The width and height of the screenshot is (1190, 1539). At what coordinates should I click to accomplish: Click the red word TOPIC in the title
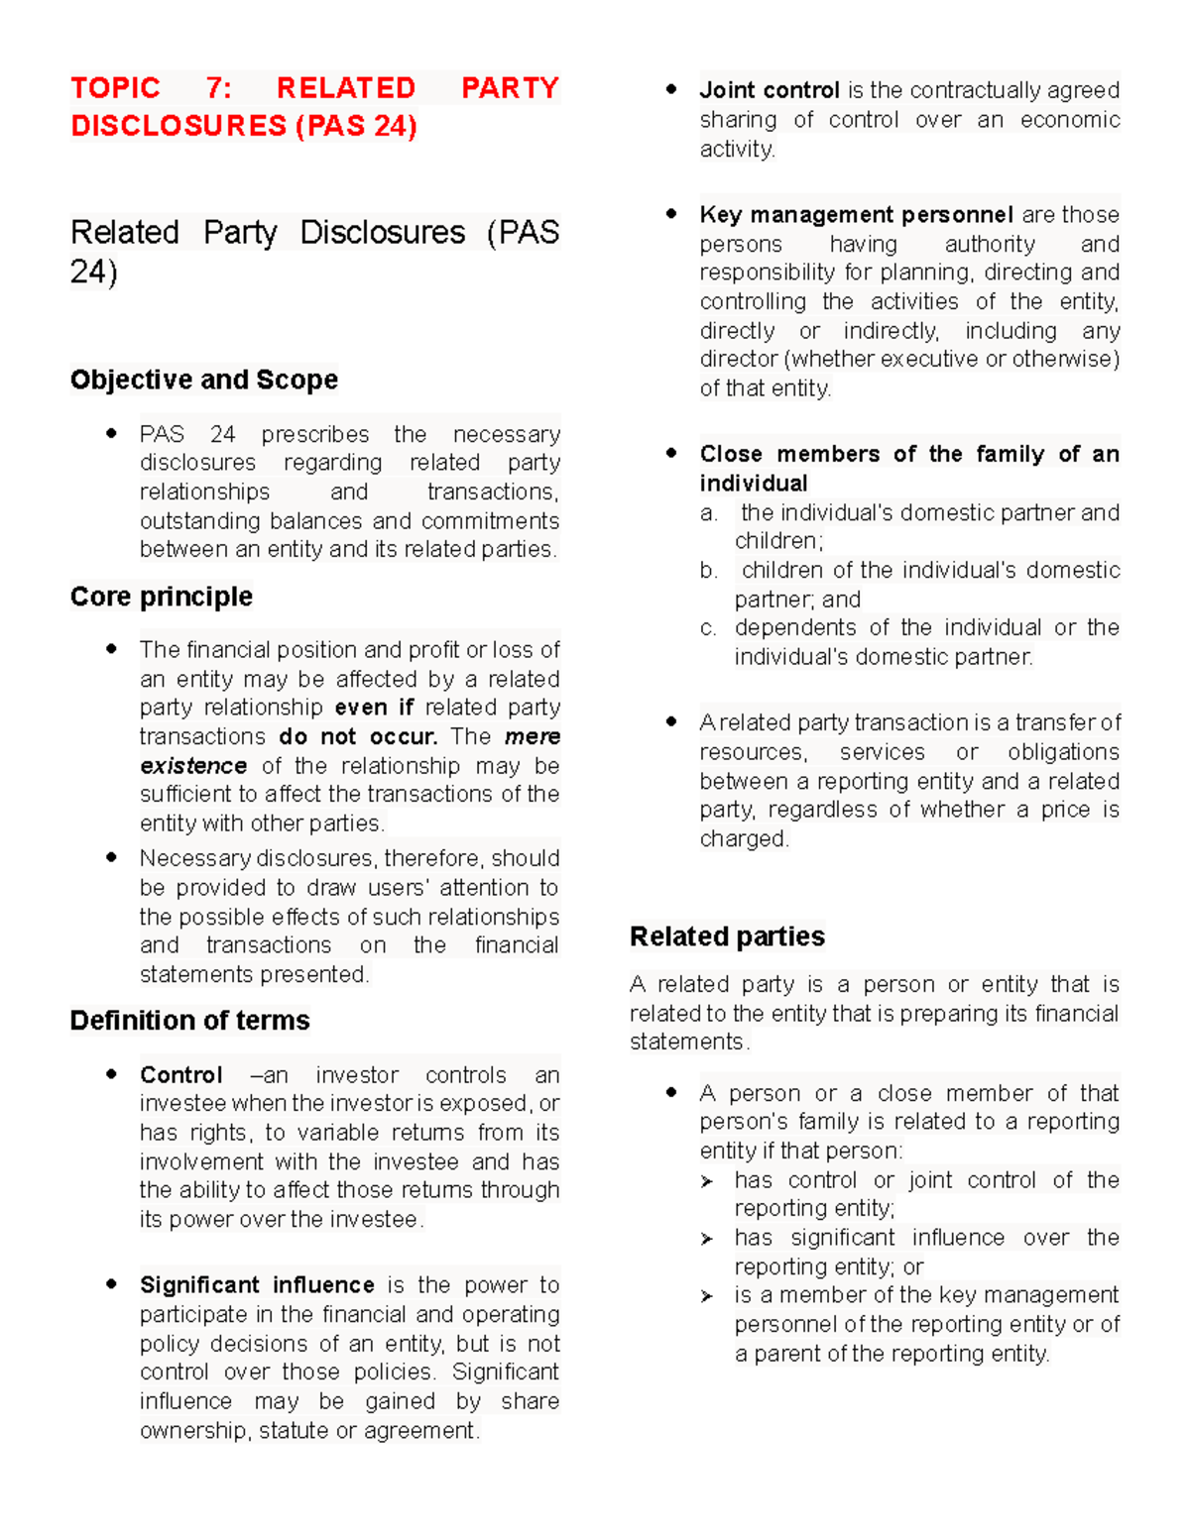115,88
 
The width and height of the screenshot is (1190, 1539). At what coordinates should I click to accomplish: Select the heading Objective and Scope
203,380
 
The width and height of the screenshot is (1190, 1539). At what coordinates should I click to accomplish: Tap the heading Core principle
161,597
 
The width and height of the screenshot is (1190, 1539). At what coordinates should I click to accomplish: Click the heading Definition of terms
189,1021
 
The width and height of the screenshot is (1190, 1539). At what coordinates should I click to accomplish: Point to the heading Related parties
727,936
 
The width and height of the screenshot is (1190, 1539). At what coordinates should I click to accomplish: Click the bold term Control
180,1075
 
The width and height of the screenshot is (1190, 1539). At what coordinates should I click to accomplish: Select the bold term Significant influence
257,1285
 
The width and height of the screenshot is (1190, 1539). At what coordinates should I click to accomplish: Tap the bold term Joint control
770,90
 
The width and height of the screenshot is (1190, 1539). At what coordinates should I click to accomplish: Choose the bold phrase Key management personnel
856,215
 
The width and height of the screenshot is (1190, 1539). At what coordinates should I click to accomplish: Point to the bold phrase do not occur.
358,736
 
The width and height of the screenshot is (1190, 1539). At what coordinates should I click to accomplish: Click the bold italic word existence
193,766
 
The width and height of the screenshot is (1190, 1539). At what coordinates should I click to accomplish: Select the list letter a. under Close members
708,513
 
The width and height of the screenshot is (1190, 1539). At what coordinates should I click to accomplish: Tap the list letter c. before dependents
708,628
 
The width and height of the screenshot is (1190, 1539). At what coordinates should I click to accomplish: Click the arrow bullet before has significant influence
707,1239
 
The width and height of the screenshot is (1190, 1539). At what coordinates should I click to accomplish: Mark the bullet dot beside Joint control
671,89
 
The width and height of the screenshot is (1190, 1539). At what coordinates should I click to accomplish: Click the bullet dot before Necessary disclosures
111,857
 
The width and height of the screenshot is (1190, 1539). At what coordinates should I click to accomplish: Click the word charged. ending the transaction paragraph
744,839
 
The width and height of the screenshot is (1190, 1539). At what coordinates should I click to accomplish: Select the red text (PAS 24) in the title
356,126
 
